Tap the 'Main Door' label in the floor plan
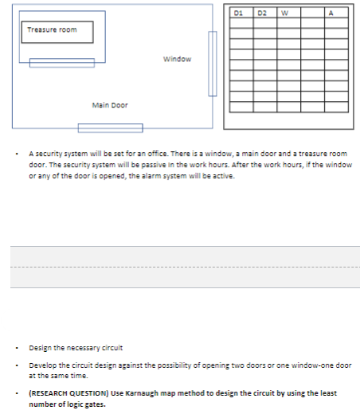[x=110, y=105]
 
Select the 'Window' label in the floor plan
[x=177, y=59]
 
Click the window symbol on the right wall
[x=213, y=64]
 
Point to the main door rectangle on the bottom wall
[x=110, y=127]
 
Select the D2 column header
[x=262, y=12]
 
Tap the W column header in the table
[x=284, y=12]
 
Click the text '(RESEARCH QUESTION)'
[x=58, y=393]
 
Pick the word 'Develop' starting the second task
[x=41, y=364]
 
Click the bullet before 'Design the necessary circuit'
[x=18, y=348]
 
